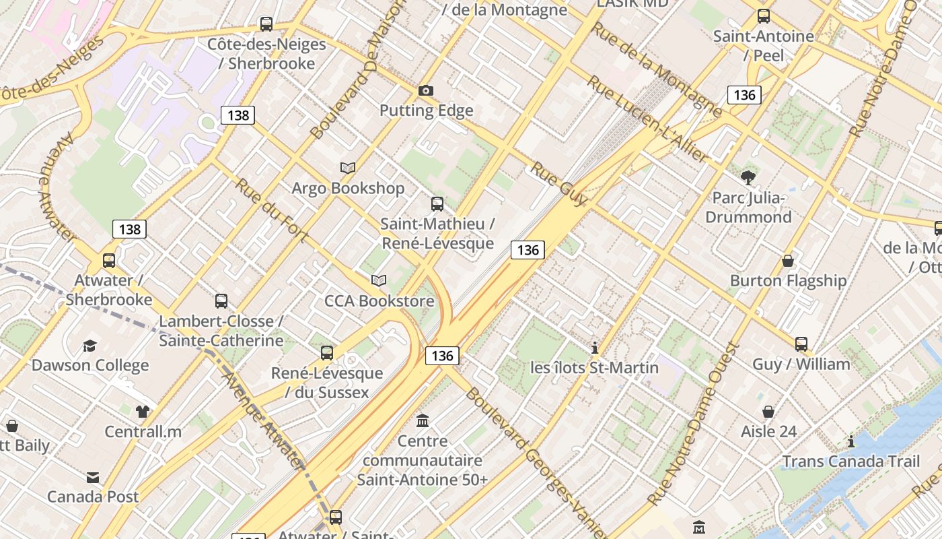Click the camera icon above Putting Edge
click(425, 90)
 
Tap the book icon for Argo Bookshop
click(348, 168)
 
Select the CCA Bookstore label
click(379, 300)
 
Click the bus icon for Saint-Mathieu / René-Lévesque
click(437, 203)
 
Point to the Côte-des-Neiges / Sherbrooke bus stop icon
click(266, 24)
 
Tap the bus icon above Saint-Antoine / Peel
click(763, 16)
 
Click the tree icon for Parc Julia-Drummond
click(748, 178)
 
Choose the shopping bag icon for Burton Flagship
click(788, 261)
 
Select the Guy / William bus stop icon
click(801, 344)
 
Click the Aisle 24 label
click(768, 431)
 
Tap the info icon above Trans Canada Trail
click(851, 442)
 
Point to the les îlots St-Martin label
click(594, 367)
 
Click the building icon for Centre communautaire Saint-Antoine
click(423, 421)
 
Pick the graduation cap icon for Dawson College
click(89, 346)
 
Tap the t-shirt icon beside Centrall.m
click(142, 412)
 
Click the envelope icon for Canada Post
click(93, 478)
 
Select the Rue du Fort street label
click(272, 210)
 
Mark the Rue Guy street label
click(558, 183)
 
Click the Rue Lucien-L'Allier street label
click(647, 120)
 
